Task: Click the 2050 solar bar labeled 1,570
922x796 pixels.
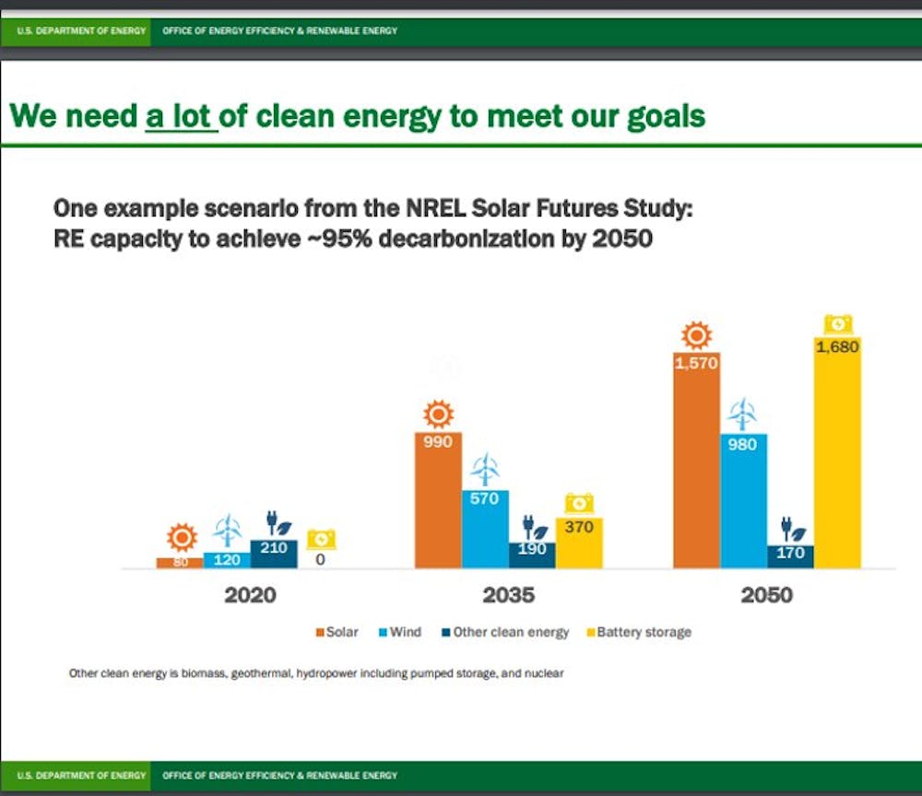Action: pos(696,461)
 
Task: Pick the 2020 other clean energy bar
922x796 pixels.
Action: pos(274,554)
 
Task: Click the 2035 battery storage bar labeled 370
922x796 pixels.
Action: pos(579,544)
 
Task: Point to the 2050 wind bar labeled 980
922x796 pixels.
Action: pos(743,502)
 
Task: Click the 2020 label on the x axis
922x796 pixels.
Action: pos(250,595)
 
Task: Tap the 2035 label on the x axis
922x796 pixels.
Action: pos(509,595)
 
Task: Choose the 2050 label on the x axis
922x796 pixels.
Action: pos(767,595)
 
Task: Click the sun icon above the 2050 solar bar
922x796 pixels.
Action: pos(696,335)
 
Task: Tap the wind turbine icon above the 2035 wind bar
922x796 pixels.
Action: pos(485,471)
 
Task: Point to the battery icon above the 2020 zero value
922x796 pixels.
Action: pos(321,538)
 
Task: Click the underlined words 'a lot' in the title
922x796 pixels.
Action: pos(182,117)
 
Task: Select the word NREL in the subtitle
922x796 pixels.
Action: pos(429,209)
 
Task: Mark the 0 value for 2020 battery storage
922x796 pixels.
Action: pos(320,558)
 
